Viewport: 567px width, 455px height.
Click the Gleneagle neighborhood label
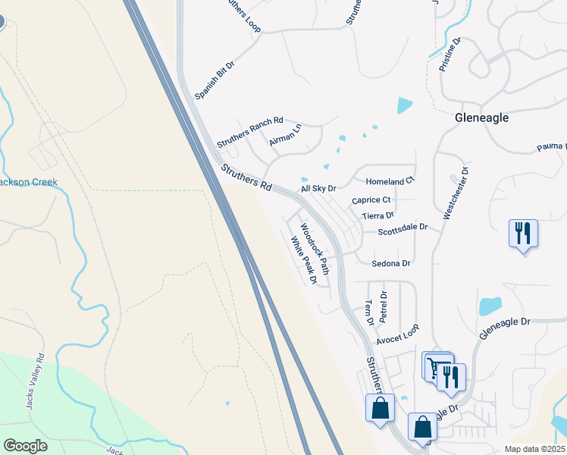point(481,118)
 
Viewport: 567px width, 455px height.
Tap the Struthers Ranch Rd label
point(249,132)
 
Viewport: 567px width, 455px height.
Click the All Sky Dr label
point(318,187)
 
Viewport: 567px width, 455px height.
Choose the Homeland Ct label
point(390,182)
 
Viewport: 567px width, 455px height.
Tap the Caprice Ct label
point(371,200)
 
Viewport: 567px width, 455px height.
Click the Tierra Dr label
point(378,216)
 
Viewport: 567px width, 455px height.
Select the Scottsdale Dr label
point(403,227)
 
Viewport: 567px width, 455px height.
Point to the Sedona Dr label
point(391,264)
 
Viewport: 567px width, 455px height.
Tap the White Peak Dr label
point(303,260)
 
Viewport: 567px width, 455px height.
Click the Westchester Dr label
point(457,193)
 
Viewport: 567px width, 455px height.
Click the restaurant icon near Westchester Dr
point(523,233)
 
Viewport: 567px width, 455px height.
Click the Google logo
point(25,445)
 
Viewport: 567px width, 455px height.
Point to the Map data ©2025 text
point(534,449)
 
